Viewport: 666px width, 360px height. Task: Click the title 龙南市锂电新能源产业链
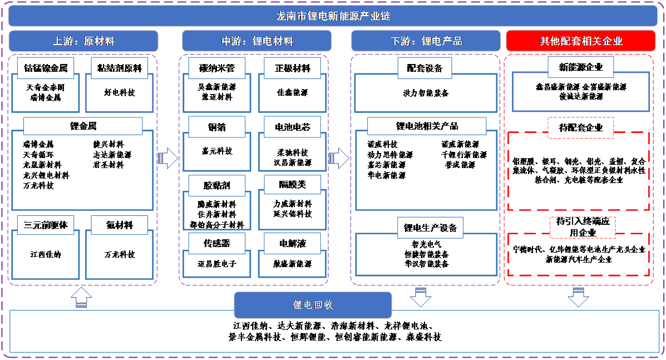[x=333, y=16]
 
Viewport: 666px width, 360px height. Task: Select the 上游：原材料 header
[x=83, y=41]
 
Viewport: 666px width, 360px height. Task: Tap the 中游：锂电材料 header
[x=257, y=41]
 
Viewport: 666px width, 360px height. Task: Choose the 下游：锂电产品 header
[x=426, y=41]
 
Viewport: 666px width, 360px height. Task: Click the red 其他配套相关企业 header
[x=581, y=41]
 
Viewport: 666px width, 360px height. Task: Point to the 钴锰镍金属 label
[x=46, y=68]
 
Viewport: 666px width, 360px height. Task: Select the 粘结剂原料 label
[x=120, y=68]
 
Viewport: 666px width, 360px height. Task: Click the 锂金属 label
[x=83, y=126]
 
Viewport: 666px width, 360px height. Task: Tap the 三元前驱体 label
[x=46, y=225]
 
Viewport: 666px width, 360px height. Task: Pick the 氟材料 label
[x=120, y=225]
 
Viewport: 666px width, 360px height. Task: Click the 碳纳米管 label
[x=217, y=68]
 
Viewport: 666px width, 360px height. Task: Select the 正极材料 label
[x=293, y=68]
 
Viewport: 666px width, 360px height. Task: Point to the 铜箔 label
[x=217, y=127]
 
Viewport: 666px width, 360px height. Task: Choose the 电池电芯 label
[x=293, y=127]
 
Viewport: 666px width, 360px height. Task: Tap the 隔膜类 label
[x=293, y=184]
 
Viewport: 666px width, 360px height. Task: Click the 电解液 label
[x=293, y=243]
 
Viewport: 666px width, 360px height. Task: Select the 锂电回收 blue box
[x=313, y=305]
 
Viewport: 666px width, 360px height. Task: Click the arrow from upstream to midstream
[x=167, y=159]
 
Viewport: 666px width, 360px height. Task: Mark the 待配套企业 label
[x=581, y=127]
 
